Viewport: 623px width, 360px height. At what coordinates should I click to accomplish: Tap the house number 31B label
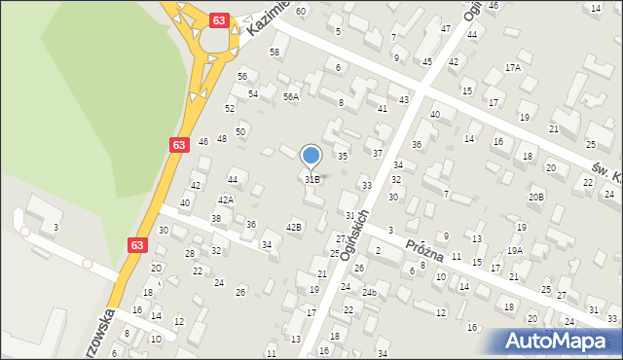pos(311,179)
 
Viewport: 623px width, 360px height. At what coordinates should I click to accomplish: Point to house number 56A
pos(290,97)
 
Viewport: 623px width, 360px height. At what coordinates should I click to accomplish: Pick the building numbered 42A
pos(225,199)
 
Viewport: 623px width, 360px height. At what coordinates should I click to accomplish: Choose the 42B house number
pos(294,227)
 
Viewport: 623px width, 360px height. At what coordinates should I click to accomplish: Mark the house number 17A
pos(512,68)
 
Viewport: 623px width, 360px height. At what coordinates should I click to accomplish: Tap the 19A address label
pos(514,251)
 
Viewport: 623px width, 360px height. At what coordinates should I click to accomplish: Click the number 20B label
pos(536,197)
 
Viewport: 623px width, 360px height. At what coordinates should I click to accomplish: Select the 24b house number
pos(369,292)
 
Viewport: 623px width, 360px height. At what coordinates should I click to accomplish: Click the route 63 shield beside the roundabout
pos(220,20)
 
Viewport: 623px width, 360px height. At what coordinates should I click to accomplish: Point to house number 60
pos(300,11)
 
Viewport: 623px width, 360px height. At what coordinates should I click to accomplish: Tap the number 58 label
pos(275,52)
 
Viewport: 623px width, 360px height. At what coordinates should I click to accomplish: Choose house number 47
pos(445,28)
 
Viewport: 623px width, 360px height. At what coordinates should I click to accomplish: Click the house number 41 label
pos(382,109)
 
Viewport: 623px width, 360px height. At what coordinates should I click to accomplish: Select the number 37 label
pos(377,154)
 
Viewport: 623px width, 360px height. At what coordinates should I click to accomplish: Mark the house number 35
pos(342,156)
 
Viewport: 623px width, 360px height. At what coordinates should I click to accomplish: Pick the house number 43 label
pos(403,100)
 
